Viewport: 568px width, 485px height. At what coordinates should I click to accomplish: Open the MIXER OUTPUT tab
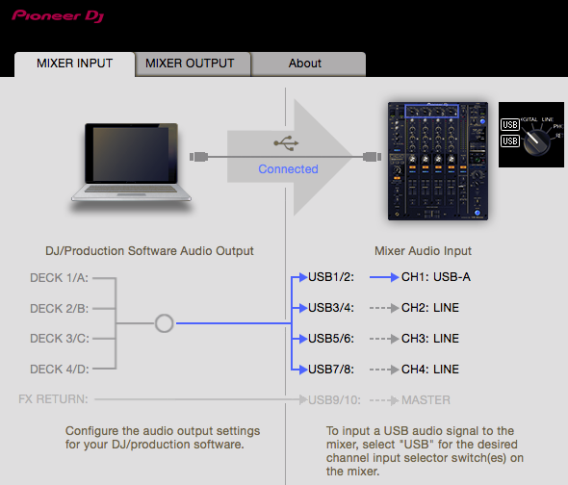[190, 64]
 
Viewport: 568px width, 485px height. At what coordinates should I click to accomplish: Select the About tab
[305, 64]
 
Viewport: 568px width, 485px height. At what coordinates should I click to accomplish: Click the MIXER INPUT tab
[75, 64]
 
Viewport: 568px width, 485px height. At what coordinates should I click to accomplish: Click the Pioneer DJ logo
[58, 16]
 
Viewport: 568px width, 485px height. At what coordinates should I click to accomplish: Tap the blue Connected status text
[289, 168]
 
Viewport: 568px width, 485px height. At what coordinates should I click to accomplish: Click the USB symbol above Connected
[286, 143]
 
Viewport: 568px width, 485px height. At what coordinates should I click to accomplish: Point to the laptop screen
[131, 154]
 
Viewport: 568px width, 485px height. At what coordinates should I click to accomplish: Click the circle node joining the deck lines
[164, 323]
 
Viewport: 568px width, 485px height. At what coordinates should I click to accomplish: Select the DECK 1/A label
[59, 278]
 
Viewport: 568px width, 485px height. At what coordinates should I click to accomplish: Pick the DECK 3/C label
[60, 339]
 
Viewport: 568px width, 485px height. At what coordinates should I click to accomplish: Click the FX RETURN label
[53, 399]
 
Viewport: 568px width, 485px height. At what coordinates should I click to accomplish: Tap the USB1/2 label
[331, 277]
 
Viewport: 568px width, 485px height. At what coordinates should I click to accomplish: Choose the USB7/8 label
[331, 370]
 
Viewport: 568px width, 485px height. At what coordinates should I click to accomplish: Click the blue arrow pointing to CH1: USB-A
[384, 277]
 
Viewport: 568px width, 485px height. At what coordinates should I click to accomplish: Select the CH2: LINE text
[430, 308]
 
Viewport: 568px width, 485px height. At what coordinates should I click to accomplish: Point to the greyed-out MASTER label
[426, 400]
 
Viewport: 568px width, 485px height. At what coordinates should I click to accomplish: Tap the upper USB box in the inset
[510, 124]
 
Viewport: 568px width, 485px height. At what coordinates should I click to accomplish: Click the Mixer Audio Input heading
[423, 250]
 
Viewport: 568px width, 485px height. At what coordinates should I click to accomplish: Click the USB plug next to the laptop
[199, 157]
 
